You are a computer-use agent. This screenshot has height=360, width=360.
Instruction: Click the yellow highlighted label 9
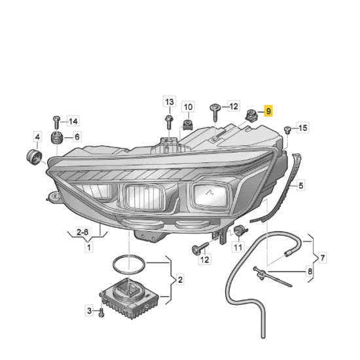(x=268, y=112)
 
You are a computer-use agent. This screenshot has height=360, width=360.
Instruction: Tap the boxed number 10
(x=188, y=107)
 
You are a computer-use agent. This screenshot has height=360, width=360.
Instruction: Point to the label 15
(x=302, y=128)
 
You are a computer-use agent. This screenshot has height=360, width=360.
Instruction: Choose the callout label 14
(x=73, y=121)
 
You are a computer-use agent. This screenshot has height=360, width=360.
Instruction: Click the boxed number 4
(x=37, y=137)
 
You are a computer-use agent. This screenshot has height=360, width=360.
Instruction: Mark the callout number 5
(x=301, y=186)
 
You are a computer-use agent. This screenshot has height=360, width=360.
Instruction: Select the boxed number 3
(x=89, y=310)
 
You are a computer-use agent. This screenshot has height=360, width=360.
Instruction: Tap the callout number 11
(x=237, y=247)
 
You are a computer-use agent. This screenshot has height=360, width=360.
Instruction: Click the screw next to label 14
(x=56, y=122)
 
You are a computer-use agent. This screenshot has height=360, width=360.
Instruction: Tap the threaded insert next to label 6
(x=56, y=139)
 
